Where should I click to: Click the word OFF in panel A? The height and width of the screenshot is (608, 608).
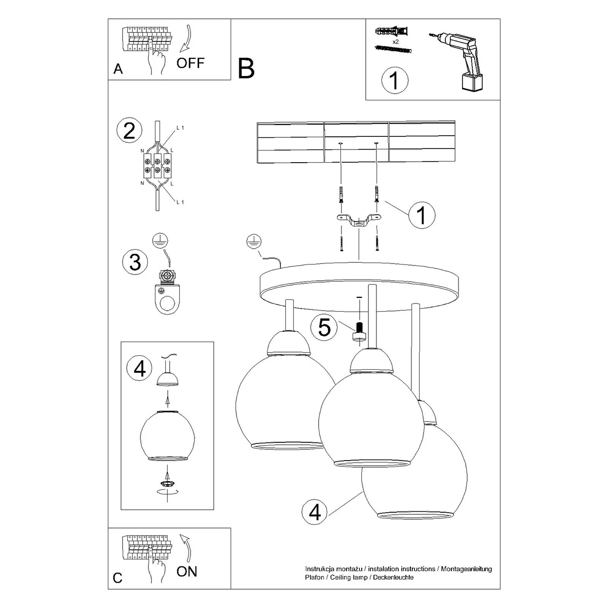pyautogui.click(x=191, y=63)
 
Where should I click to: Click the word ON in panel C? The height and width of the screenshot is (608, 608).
pyautogui.click(x=187, y=572)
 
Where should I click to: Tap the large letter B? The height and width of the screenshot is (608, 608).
pyautogui.click(x=246, y=68)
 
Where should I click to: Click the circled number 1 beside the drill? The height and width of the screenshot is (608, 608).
pyautogui.click(x=395, y=81)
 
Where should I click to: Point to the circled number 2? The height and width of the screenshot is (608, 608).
pyautogui.click(x=129, y=131)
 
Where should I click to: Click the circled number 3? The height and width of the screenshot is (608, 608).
pyautogui.click(x=135, y=262)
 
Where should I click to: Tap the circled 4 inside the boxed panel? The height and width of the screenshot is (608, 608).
pyautogui.click(x=140, y=368)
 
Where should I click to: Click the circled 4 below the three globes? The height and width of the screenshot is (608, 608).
pyautogui.click(x=315, y=513)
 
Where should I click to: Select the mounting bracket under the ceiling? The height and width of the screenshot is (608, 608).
pyautogui.click(x=359, y=221)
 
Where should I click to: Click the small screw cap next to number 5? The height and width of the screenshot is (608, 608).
pyautogui.click(x=359, y=332)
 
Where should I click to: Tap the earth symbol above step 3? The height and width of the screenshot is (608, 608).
pyautogui.click(x=161, y=241)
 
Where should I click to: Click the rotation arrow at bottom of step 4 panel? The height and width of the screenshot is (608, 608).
pyautogui.click(x=168, y=491)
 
